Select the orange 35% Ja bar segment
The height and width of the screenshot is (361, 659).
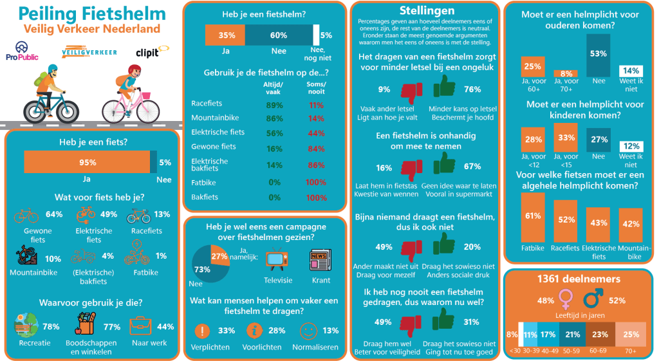point(225,35)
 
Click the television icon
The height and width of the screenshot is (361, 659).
point(277,261)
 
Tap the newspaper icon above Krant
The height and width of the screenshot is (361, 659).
point(320,261)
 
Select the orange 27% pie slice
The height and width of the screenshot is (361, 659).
point(219,256)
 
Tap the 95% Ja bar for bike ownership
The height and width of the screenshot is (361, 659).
point(87,163)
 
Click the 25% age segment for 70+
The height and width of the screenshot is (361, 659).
point(631,334)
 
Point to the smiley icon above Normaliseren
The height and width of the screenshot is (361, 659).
point(310,331)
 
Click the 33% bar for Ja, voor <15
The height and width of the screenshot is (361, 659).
point(566,138)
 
